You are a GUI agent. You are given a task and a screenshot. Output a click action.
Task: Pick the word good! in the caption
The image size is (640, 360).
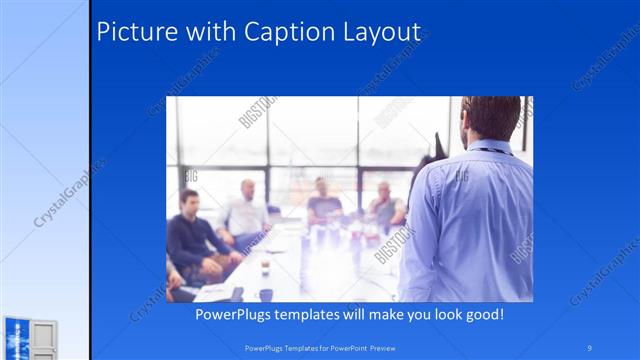tap(482, 314)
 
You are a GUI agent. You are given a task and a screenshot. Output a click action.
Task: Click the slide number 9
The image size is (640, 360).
tap(590, 346)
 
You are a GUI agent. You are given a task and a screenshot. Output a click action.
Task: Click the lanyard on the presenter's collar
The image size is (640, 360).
tap(488, 150)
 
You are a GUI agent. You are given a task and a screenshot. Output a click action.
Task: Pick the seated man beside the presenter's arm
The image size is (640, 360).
tap(386, 205)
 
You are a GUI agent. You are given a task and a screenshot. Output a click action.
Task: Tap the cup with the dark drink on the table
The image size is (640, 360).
tap(265, 267)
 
